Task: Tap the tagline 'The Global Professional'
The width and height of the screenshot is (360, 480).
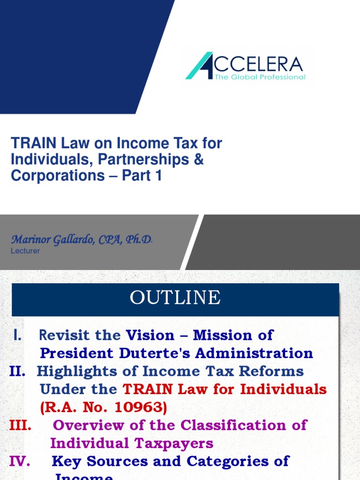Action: coord(260,77)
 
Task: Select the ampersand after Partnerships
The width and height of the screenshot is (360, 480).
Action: coord(199,159)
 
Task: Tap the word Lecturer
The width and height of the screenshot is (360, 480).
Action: coord(25,251)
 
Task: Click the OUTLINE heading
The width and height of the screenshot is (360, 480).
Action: coord(175,298)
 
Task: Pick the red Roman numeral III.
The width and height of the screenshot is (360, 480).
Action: coord(21,425)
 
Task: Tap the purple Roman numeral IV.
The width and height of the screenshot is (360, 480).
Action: coord(20,461)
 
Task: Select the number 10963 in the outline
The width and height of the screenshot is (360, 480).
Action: coord(139,407)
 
